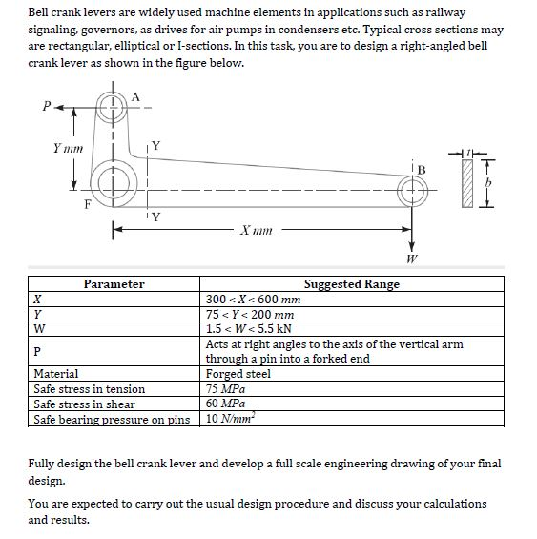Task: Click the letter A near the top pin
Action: point(136,95)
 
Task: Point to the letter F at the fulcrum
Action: point(88,201)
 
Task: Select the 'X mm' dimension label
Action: point(258,230)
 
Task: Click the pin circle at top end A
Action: point(112,107)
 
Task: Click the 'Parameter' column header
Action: point(114,283)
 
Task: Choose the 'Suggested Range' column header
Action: point(351,283)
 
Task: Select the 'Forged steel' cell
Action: point(238,374)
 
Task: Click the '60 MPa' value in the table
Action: point(225,404)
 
